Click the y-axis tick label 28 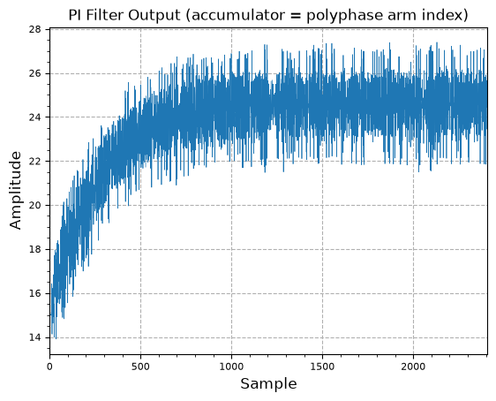35,29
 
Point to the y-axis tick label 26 35,73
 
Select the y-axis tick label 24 35,117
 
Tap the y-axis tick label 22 35,162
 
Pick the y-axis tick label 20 35,206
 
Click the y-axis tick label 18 35,250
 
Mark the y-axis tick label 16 35,294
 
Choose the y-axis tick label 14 35,337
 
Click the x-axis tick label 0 49,367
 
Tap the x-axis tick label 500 140,367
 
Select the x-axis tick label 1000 231,367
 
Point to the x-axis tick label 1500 322,367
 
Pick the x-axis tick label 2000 413,367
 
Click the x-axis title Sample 268,384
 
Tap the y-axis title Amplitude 15,190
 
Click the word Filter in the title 105,15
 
